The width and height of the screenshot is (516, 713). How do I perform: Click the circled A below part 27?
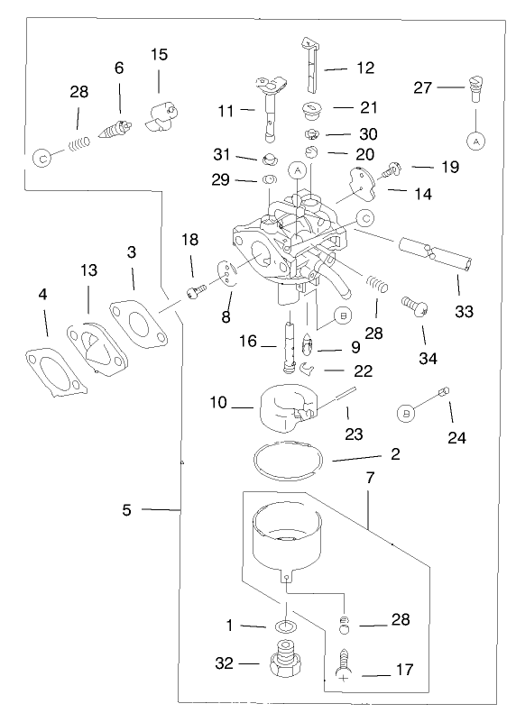475,141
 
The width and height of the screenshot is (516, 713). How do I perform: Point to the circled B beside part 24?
407,412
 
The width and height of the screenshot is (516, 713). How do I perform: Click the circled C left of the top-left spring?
41,157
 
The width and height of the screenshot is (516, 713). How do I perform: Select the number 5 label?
127,510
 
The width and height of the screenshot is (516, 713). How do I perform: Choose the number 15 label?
159,55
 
